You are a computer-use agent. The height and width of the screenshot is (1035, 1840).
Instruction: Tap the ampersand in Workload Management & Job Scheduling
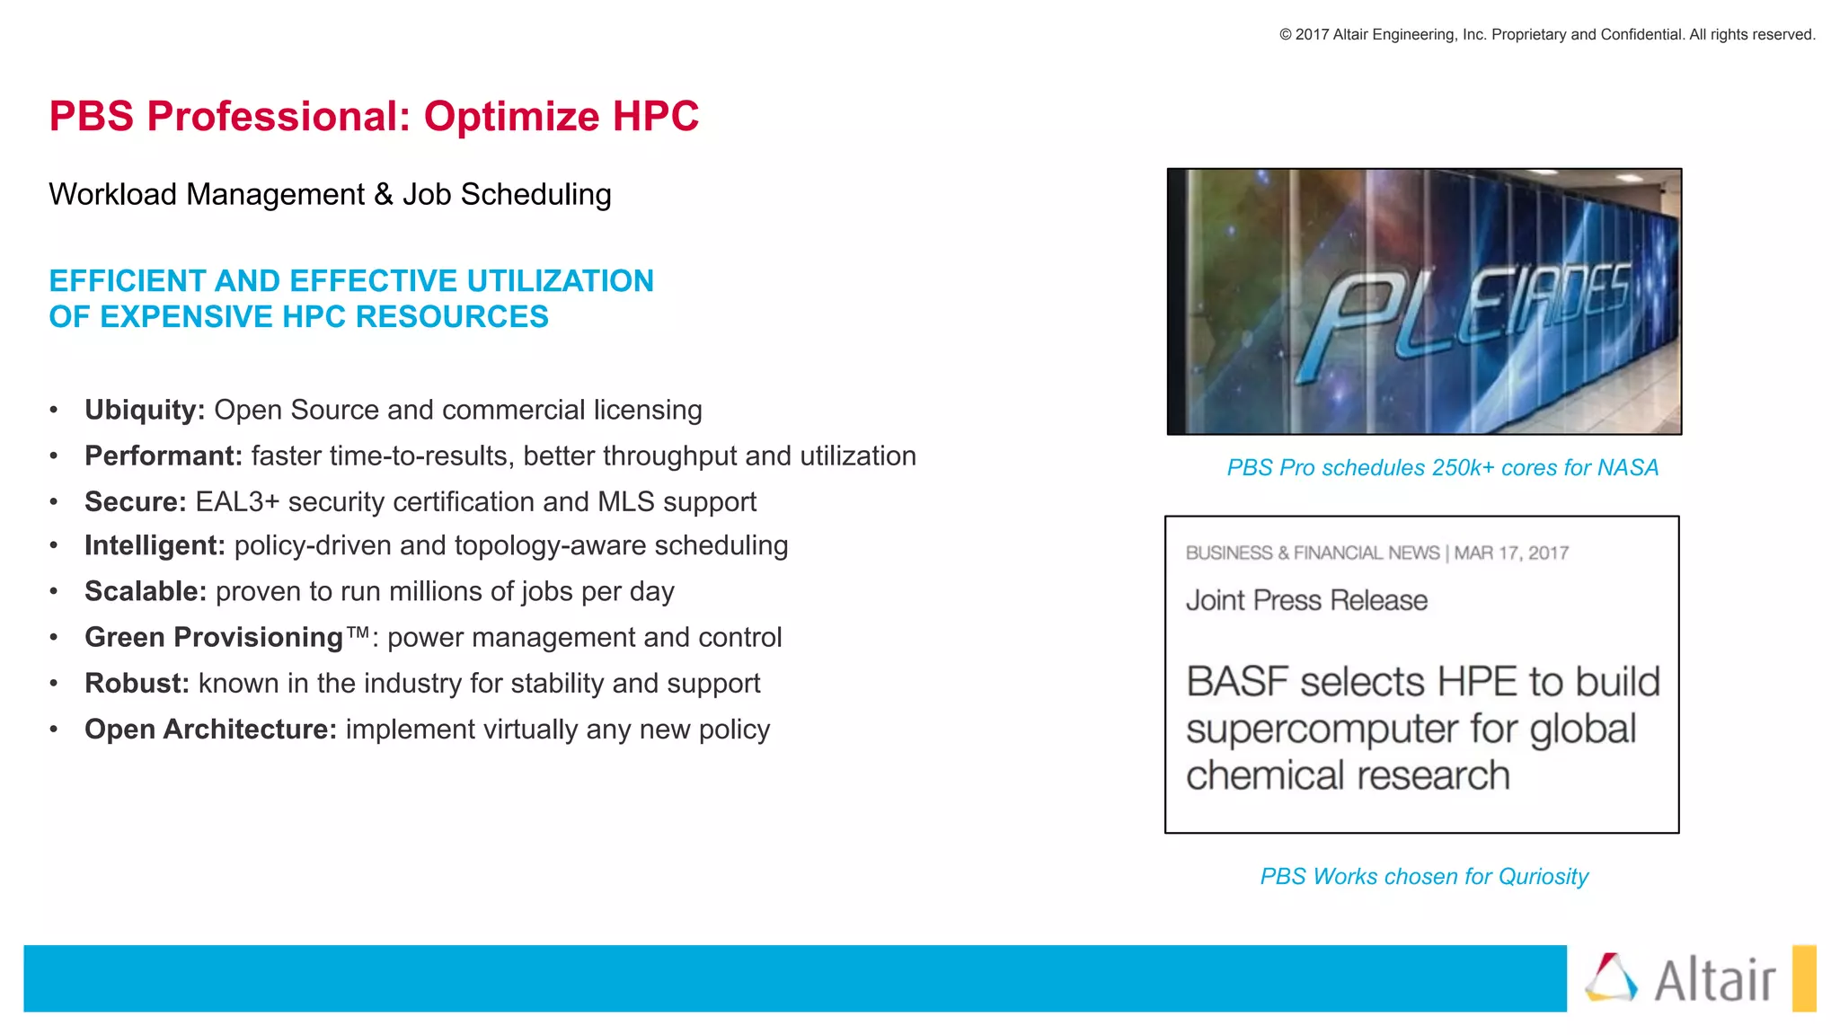tap(384, 195)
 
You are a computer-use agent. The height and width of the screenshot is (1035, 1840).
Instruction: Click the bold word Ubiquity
tap(144, 411)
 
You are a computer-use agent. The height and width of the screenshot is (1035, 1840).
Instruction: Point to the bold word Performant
tap(163, 456)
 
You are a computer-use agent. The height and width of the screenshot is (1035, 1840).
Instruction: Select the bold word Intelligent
tap(154, 546)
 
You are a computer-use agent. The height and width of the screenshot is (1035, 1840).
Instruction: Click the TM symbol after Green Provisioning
tap(358, 632)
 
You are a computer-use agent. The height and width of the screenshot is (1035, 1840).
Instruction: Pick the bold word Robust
tap(137, 684)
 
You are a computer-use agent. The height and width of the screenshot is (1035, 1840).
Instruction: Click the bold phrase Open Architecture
tap(210, 730)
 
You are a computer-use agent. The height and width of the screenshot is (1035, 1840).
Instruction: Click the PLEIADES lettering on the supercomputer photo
tap(1473, 310)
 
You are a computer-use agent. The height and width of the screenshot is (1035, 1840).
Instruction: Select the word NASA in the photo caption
tap(1628, 468)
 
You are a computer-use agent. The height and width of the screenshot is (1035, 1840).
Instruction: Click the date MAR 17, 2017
tap(1511, 553)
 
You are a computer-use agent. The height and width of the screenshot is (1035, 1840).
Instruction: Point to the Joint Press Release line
tap(1306, 600)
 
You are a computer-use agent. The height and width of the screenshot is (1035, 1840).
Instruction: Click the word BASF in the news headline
tap(1237, 682)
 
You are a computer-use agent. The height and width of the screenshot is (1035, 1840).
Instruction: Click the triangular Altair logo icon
tap(1611, 977)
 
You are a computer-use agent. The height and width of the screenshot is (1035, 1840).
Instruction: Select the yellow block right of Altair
tap(1803, 978)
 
